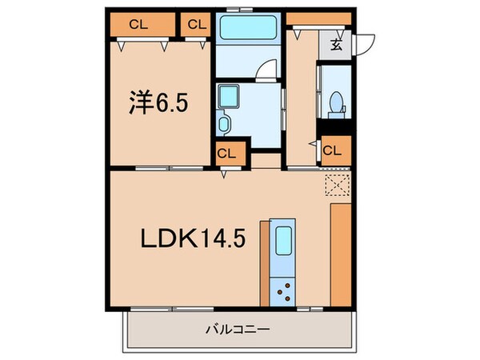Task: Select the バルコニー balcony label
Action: pos(239,329)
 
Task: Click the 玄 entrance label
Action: pos(336,45)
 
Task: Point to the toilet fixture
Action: pos(337,102)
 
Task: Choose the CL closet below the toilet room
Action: pos(334,149)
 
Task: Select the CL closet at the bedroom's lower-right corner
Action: pos(226,152)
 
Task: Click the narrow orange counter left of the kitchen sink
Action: pos(265,261)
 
